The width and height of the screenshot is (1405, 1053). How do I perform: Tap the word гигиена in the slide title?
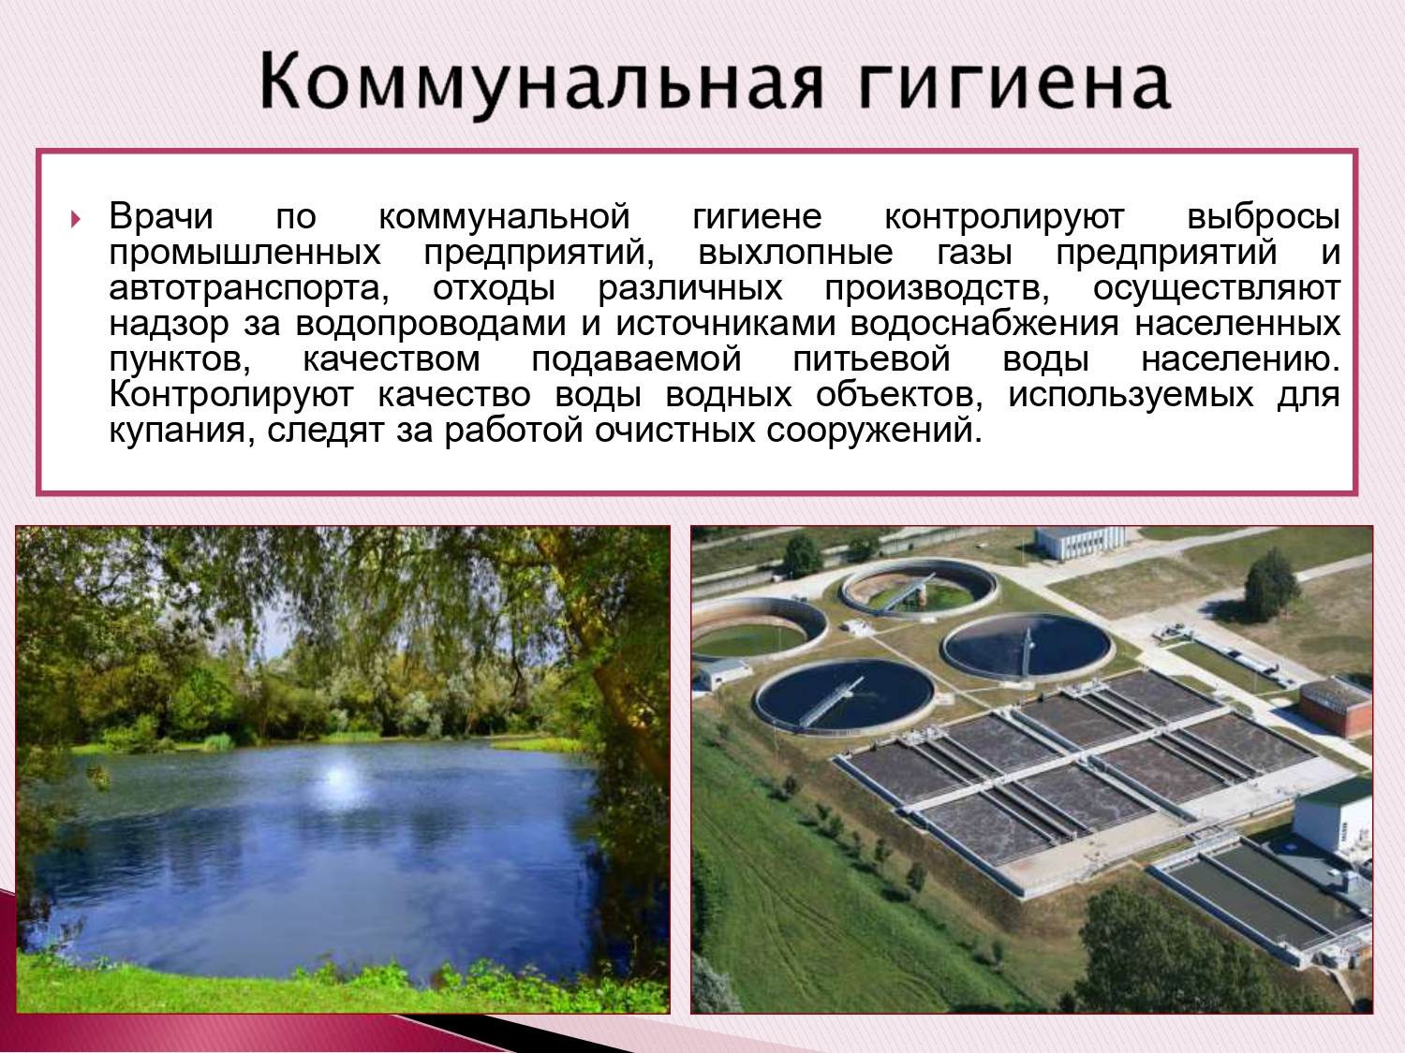coord(1015,82)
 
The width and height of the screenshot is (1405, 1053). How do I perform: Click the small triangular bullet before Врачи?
coord(76,219)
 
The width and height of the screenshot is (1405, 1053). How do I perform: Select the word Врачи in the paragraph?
coord(161,216)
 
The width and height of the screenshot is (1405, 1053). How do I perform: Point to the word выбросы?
coord(1264,216)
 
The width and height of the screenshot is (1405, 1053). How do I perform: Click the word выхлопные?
coord(795,253)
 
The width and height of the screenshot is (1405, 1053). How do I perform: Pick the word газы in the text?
coord(974,253)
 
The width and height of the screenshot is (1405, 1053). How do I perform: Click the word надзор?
coord(169,324)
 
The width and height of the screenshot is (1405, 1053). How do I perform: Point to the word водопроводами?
coord(431,324)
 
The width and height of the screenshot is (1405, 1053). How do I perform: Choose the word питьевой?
coord(871,358)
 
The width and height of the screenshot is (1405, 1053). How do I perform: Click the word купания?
coord(182,431)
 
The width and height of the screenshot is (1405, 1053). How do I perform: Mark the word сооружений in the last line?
coord(874,431)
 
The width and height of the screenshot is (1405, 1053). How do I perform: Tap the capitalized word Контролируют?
coord(231,395)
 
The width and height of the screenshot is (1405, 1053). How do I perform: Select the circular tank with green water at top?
coord(918,588)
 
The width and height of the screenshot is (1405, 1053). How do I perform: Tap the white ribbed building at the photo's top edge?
coord(1081,542)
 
